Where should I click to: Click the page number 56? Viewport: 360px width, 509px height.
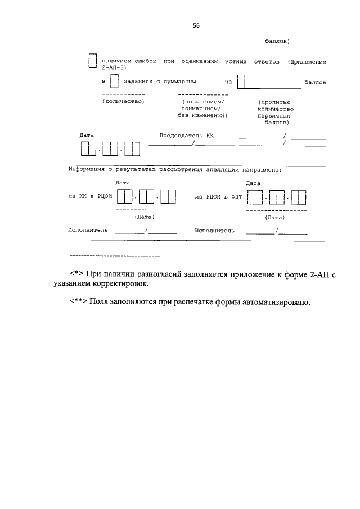196,25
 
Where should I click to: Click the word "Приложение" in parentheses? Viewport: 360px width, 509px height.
308,60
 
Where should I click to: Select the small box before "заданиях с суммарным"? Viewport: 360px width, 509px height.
114,82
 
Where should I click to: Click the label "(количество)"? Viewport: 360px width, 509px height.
124,101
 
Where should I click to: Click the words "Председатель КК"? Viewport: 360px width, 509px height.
187,136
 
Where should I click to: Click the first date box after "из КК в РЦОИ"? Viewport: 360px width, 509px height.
128,197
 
